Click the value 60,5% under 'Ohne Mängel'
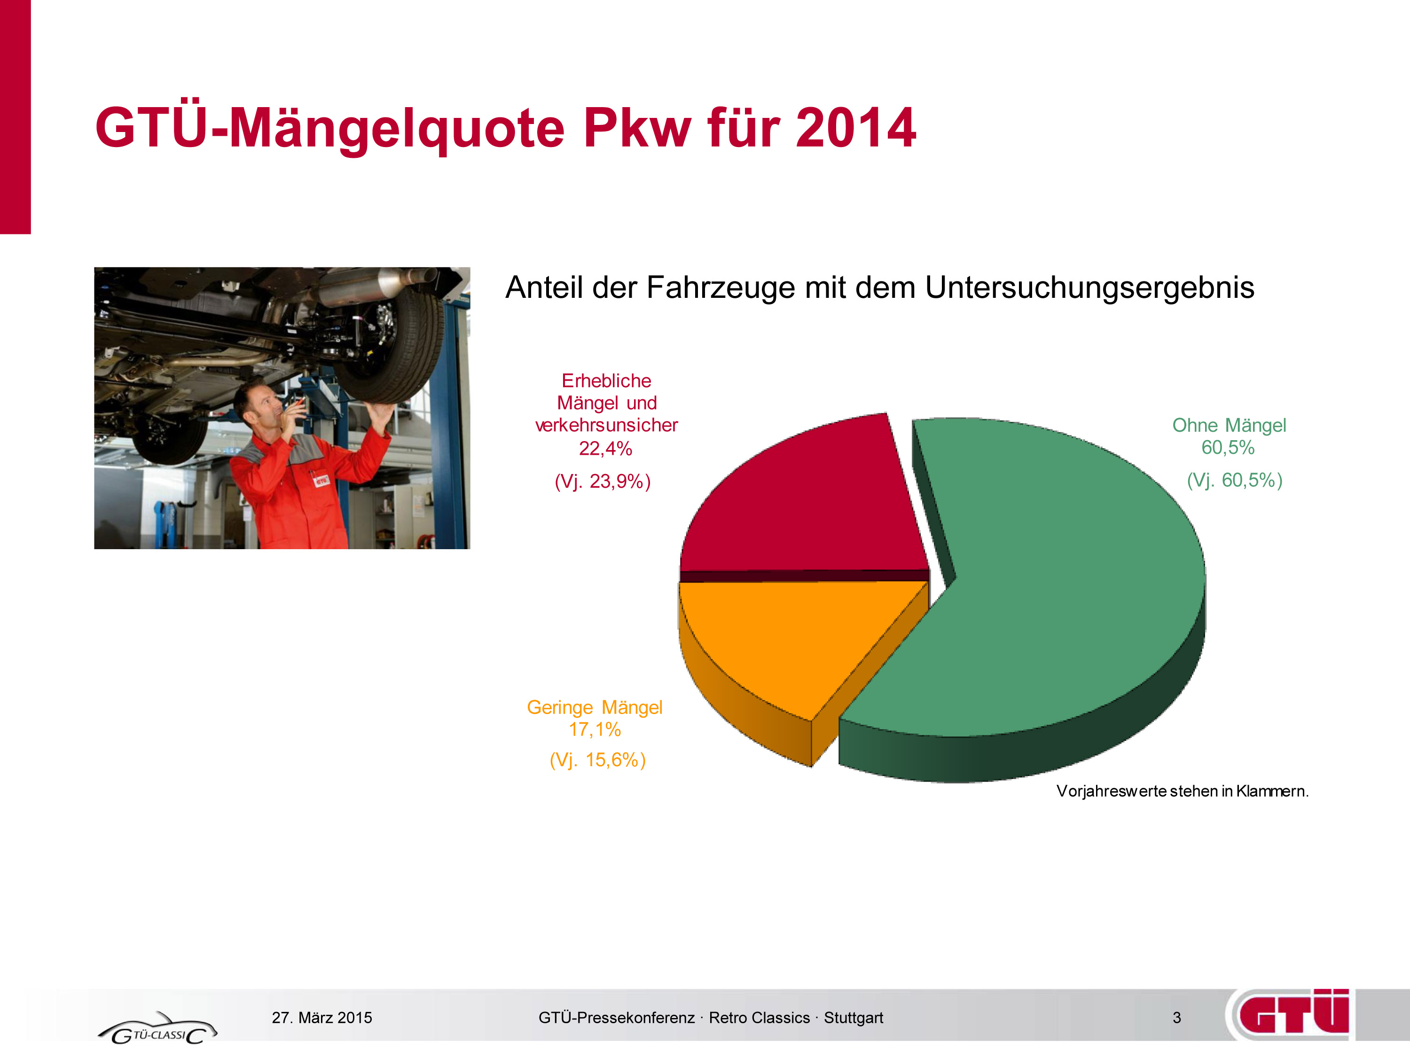pos(1228,447)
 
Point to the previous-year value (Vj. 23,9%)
pos(603,481)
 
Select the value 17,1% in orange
pos(595,729)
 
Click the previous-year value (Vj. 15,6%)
pos(598,760)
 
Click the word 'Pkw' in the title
pos(637,127)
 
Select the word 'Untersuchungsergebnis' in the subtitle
pos(1089,288)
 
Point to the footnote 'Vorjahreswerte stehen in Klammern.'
pos(1183,791)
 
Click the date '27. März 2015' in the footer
pos(322,1018)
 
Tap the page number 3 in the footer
pos(1177,1018)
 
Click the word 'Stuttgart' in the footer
pos(854,1018)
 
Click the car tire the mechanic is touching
pos(389,338)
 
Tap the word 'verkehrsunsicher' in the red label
pos(606,425)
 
